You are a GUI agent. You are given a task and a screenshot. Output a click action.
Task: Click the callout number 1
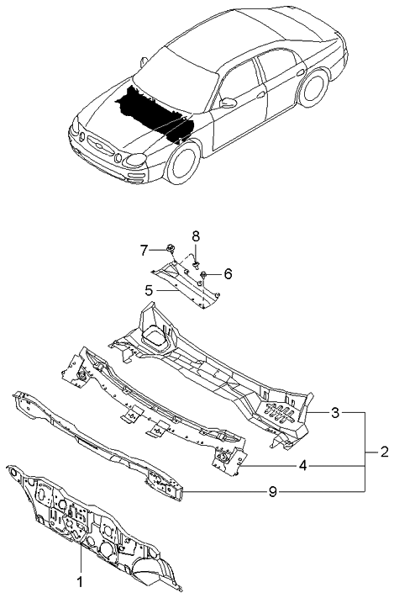tap(81, 581)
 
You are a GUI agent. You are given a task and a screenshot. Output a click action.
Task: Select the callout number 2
tap(384, 452)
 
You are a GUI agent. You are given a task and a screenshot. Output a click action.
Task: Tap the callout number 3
tap(335, 413)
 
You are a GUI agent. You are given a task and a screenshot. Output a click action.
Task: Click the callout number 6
tap(228, 274)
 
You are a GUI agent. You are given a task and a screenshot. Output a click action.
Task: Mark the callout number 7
tap(144, 250)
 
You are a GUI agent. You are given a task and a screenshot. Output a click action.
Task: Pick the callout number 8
tap(195, 235)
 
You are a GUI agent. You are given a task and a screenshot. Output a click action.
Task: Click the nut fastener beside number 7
tap(170, 249)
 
